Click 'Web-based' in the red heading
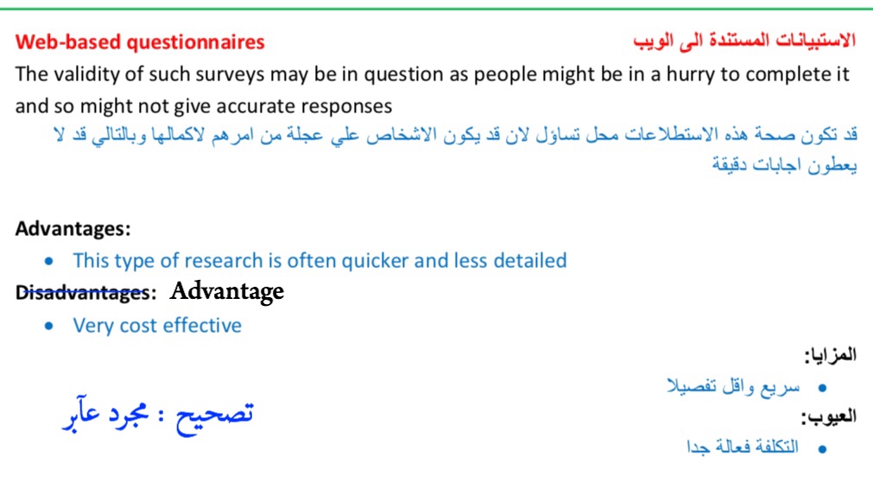point(68,41)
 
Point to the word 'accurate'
point(256,105)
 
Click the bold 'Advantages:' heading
point(73,229)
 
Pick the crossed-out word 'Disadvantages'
point(82,292)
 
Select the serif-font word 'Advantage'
point(227,291)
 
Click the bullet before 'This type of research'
point(49,261)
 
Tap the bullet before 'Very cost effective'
point(49,326)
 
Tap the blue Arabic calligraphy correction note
point(158,415)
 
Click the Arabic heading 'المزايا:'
point(830,355)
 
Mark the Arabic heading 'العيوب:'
point(829,416)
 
